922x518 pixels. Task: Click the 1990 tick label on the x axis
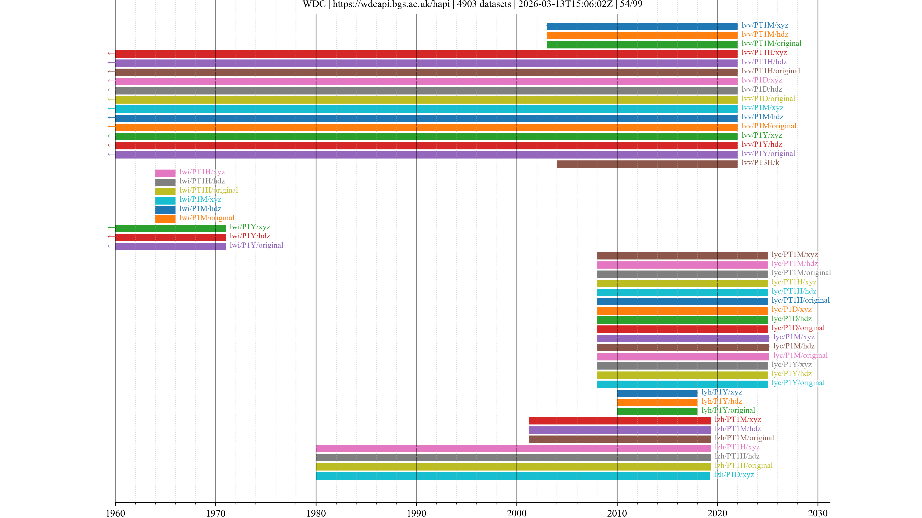pyautogui.click(x=416, y=513)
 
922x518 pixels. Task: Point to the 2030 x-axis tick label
pyautogui.click(x=818, y=513)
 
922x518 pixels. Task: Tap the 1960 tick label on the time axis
pyautogui.click(x=115, y=513)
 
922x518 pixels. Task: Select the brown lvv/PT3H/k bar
pyautogui.click(x=647, y=164)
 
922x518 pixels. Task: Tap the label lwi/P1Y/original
pyautogui.click(x=256, y=245)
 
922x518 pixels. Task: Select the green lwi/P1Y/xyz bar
pyautogui.click(x=170, y=228)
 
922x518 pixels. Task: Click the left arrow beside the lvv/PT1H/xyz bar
pyautogui.click(x=111, y=54)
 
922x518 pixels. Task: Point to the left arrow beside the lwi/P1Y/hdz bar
pyautogui.click(x=111, y=237)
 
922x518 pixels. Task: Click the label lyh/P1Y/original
pyautogui.click(x=728, y=410)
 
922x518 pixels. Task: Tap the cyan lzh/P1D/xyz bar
pyautogui.click(x=513, y=476)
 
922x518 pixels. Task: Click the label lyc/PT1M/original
pyautogui.click(x=801, y=273)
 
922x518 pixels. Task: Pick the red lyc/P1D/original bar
pyautogui.click(x=682, y=329)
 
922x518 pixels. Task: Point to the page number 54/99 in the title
pyautogui.click(x=631, y=4)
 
